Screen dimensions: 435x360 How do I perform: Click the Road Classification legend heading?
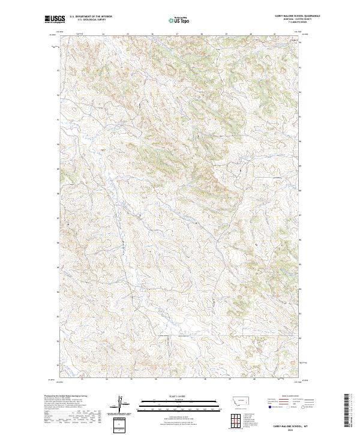[x=290, y=396]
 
